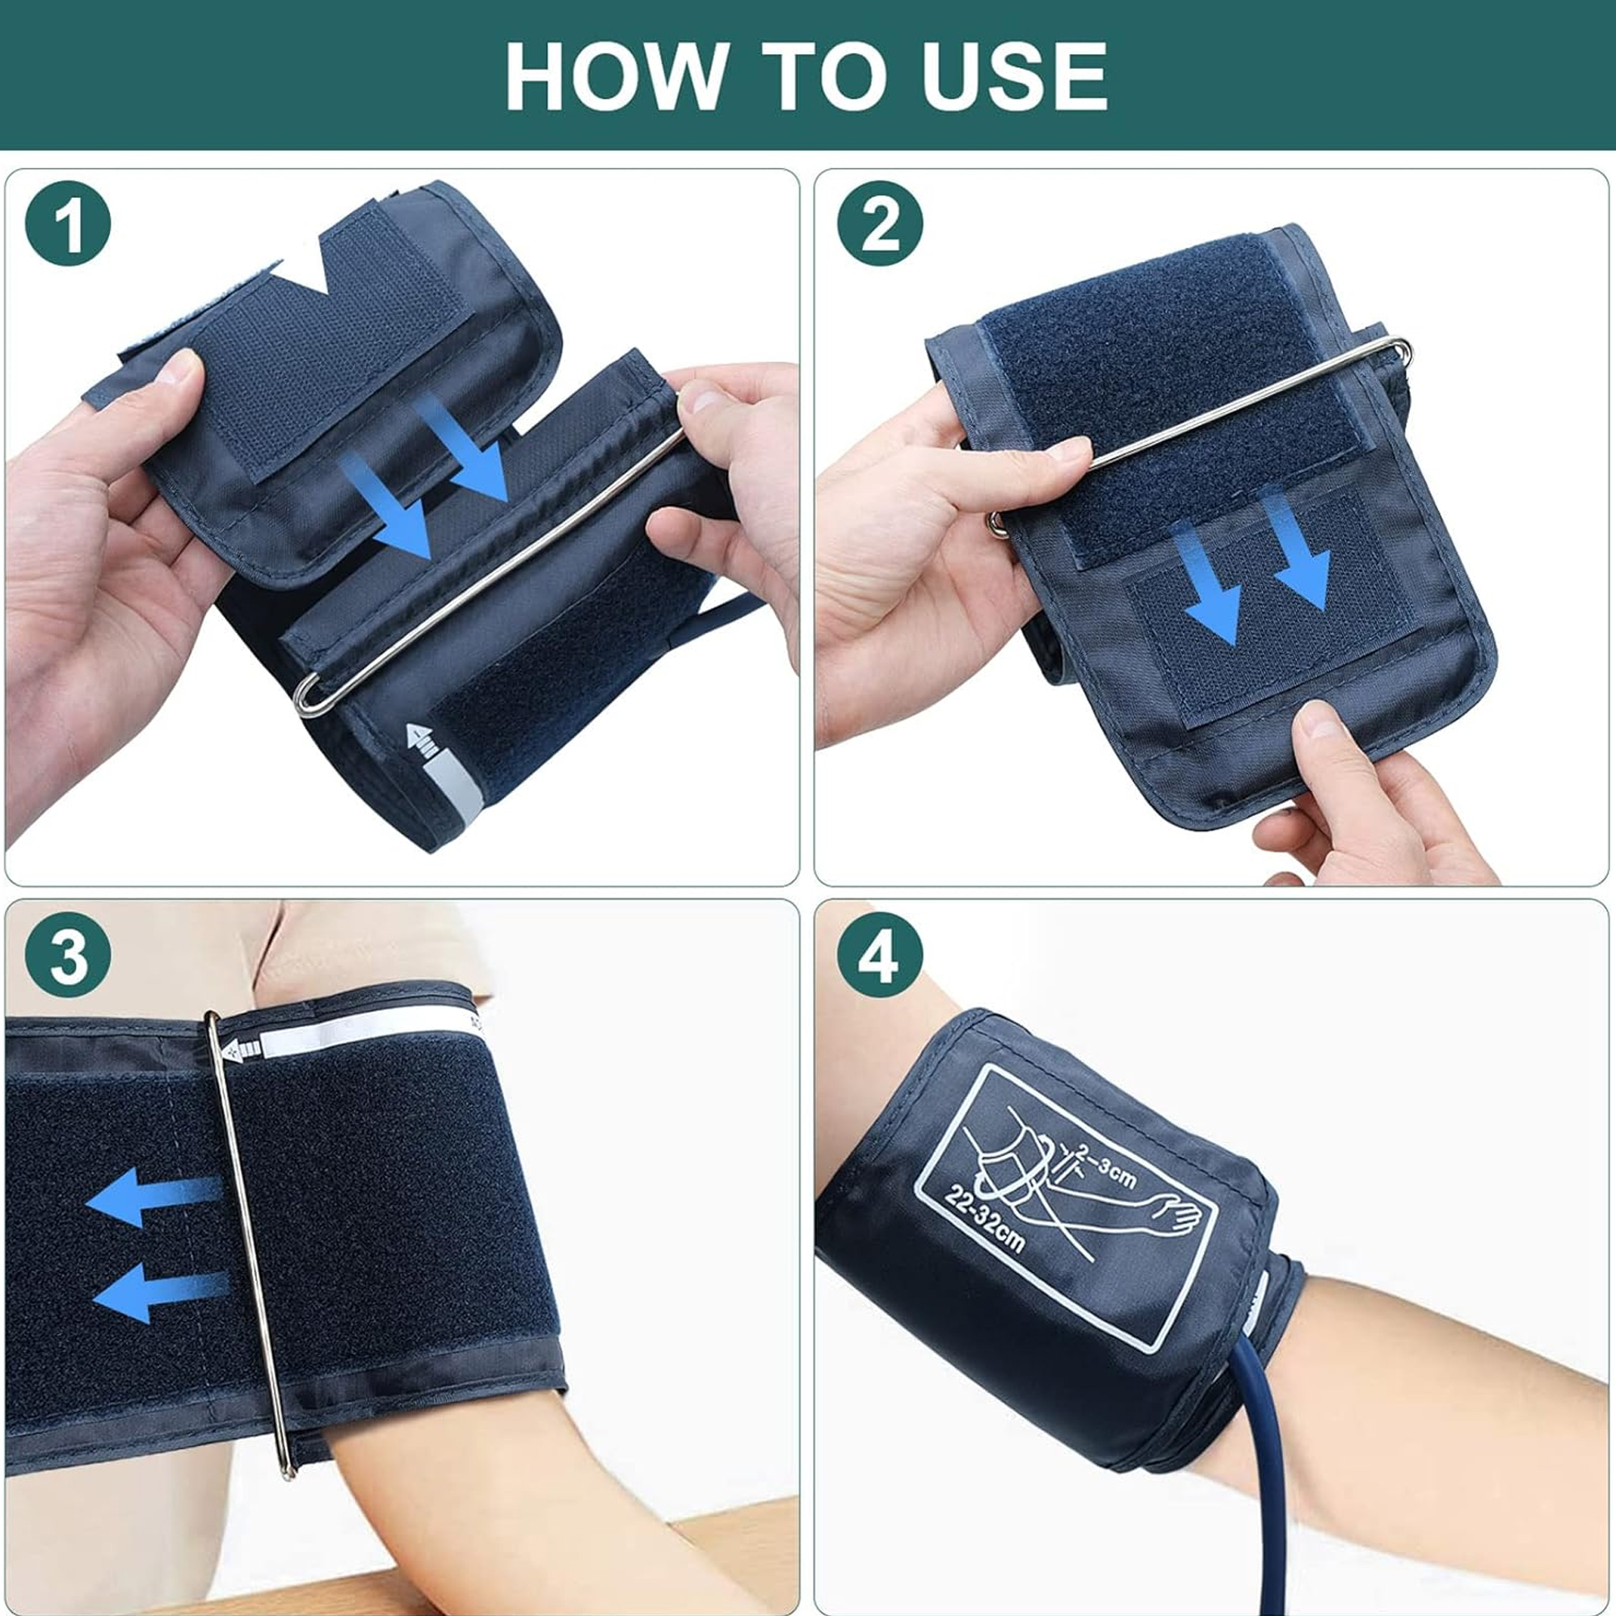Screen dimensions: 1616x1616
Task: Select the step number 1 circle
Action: (69, 223)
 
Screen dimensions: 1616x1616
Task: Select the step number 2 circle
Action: (880, 223)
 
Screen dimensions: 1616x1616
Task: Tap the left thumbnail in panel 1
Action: (181, 368)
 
